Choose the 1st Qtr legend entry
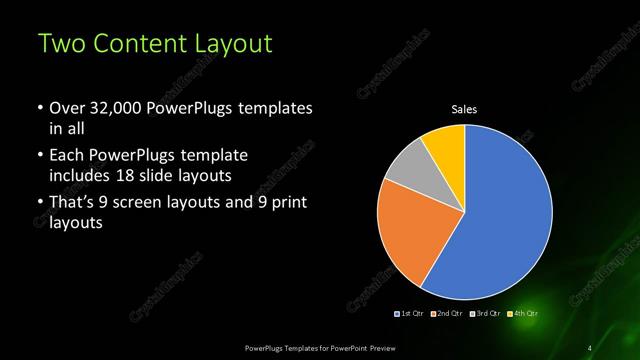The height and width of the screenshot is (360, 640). click(x=411, y=314)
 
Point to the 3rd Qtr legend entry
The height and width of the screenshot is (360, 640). click(x=483, y=314)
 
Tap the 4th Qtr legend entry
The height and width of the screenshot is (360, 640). click(x=521, y=314)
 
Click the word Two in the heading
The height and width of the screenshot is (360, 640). click(x=62, y=44)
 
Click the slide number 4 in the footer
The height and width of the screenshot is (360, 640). click(x=590, y=347)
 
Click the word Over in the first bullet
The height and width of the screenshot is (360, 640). click(x=66, y=107)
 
